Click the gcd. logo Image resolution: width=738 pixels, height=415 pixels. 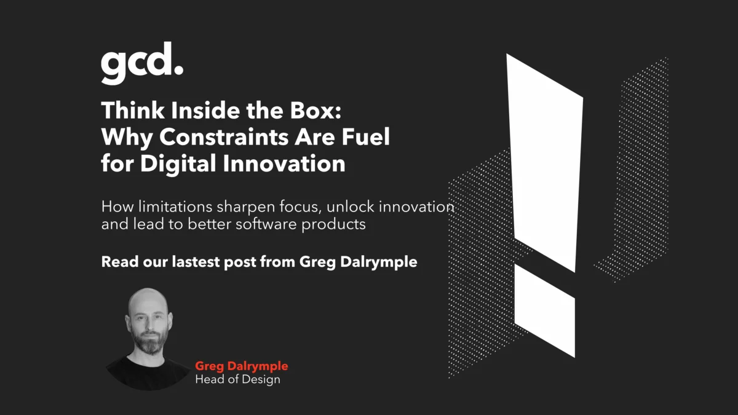pyautogui.click(x=142, y=63)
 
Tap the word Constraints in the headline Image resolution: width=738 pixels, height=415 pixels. pyautogui.click(x=224, y=136)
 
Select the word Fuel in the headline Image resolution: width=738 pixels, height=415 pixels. pyautogui.click(x=366, y=136)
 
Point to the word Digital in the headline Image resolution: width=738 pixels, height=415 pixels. pyautogui.click(x=178, y=164)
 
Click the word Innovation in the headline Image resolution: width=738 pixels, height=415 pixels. pyautogui.click(x=284, y=164)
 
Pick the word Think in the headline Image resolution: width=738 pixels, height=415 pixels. pyautogui.click(x=133, y=110)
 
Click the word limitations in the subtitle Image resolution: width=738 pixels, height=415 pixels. pyautogui.click(x=175, y=207)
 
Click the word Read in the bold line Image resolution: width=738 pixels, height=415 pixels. pyautogui.click(x=120, y=262)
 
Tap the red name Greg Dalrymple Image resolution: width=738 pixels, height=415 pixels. pyautogui.click(x=242, y=366)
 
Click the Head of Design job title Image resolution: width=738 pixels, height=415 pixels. pyautogui.click(x=237, y=379)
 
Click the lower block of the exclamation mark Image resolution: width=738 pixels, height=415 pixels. pyautogui.click(x=545, y=310)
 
